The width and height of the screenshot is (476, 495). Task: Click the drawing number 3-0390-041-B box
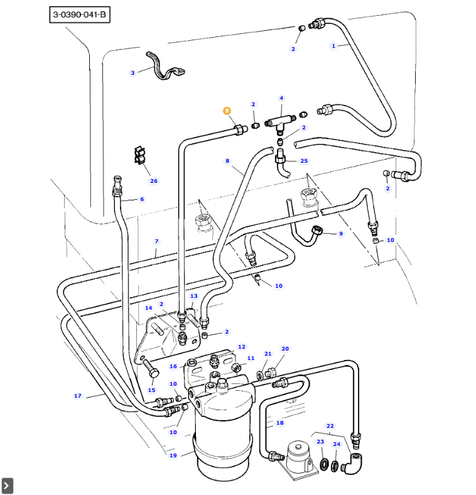coord(80,14)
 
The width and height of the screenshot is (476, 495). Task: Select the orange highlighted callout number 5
coord(227,111)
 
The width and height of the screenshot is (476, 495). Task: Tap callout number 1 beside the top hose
coord(333,45)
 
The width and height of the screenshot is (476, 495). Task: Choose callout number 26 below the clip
coord(154,181)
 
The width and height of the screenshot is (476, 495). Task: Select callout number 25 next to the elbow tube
coord(304,161)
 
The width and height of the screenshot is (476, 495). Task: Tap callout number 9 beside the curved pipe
coord(341,234)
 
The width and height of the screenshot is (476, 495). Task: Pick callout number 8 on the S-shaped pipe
coord(227,161)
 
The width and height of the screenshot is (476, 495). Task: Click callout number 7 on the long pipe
coord(156,241)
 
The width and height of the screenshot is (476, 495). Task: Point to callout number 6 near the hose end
coord(142,199)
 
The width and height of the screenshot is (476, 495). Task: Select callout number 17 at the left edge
coord(78,396)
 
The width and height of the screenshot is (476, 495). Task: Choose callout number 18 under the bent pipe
coord(280,423)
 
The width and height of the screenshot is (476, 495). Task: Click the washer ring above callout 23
coord(324,465)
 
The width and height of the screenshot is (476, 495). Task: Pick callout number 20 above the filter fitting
coord(285,349)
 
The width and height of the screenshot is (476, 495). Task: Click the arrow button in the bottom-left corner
coord(8,486)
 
